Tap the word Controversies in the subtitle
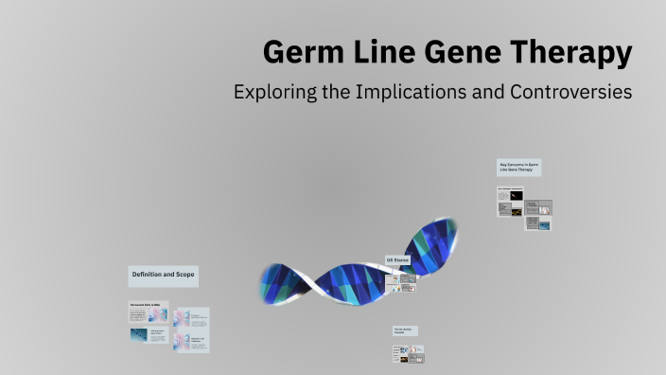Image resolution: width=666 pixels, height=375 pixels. [x=574, y=94]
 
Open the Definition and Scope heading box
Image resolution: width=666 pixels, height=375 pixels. [x=163, y=276]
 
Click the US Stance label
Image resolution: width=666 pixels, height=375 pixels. [x=397, y=259]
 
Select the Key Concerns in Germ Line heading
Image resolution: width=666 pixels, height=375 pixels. [x=519, y=168]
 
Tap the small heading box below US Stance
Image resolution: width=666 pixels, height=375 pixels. [x=405, y=330]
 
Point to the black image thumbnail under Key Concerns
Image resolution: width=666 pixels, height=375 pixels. [x=516, y=195]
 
